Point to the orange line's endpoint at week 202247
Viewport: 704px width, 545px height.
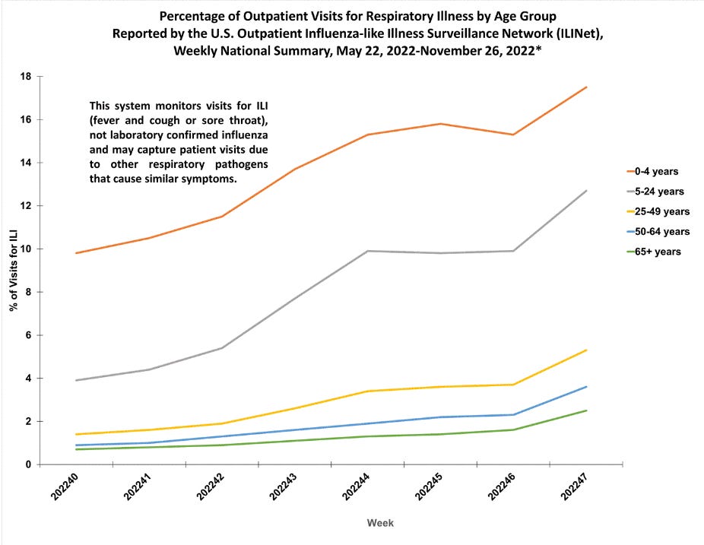(586, 87)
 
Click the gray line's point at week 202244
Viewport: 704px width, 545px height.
(368, 251)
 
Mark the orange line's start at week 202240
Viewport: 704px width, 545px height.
(77, 253)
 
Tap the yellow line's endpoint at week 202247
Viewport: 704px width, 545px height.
(586, 350)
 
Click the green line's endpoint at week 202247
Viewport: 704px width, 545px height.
(586, 410)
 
